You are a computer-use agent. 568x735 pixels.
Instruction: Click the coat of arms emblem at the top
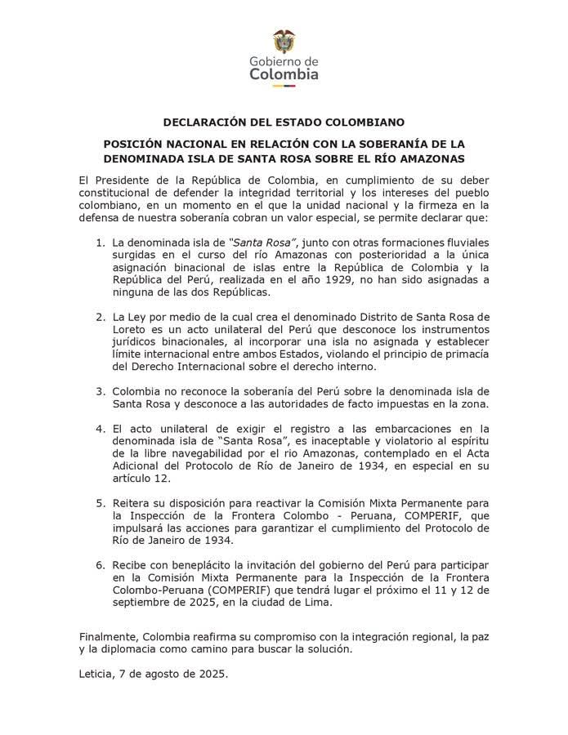[x=284, y=42]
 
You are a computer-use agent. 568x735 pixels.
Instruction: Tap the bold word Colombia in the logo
[x=284, y=74]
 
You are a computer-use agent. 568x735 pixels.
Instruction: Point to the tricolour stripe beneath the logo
[x=284, y=86]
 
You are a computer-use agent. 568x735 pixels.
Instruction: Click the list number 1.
[x=99, y=243]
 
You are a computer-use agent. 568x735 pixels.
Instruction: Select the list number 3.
[x=99, y=391]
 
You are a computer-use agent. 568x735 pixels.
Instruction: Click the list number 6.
[x=99, y=564]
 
